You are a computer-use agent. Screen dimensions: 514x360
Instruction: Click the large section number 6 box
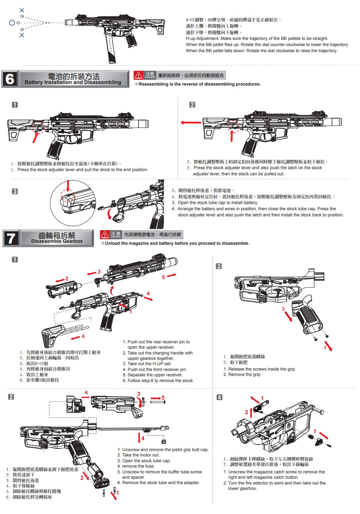click(x=10, y=79)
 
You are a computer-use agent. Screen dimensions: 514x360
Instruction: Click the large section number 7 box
click(x=11, y=238)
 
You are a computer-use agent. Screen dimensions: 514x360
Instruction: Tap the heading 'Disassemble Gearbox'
click(x=57, y=241)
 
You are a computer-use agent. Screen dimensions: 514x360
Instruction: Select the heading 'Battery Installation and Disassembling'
click(x=73, y=82)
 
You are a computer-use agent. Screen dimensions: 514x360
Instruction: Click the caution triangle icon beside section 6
click(x=139, y=75)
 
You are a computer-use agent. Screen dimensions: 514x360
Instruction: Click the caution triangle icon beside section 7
click(x=105, y=234)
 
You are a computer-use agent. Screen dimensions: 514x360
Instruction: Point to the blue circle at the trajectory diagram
click(x=12, y=23)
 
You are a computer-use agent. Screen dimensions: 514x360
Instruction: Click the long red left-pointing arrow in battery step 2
click(x=191, y=123)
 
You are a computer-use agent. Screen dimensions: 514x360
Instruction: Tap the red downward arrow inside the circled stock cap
click(x=68, y=186)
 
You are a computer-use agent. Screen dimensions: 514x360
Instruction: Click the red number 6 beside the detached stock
click(x=83, y=336)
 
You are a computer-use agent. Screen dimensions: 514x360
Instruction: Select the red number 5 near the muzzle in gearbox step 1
click(x=163, y=277)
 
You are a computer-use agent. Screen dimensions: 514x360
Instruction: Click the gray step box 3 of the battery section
click(x=15, y=191)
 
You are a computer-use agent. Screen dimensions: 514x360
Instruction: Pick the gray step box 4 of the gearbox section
click(x=220, y=397)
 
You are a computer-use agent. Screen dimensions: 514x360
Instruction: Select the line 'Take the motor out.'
click(x=140, y=455)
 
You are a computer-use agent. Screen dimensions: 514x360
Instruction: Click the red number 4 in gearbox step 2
click(x=143, y=438)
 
